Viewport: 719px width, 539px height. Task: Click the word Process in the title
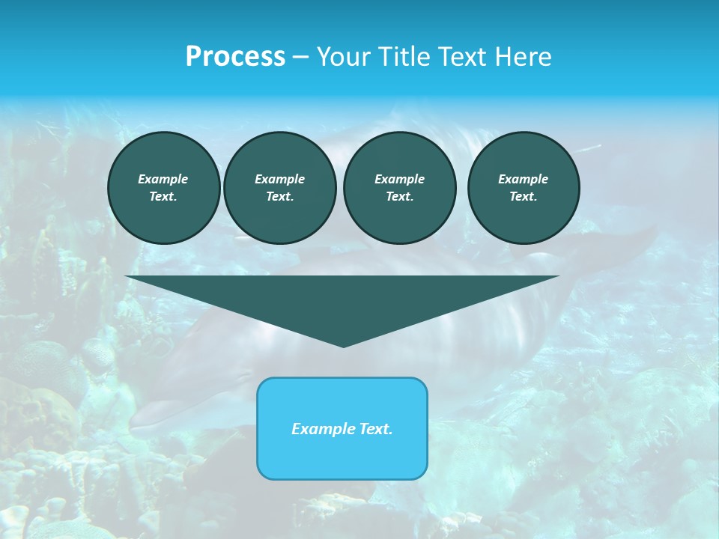235,57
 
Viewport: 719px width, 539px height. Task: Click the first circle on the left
163,188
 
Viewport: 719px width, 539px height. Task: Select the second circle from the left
279,188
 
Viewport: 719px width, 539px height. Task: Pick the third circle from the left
399,188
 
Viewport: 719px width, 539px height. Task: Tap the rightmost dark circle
523,188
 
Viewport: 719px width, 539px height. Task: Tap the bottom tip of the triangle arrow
343,344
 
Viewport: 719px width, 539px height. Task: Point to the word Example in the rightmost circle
523,179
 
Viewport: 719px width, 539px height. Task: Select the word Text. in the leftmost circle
163,197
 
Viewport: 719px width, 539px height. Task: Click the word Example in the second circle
279,179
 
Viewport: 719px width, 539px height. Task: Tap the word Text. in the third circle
399,197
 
